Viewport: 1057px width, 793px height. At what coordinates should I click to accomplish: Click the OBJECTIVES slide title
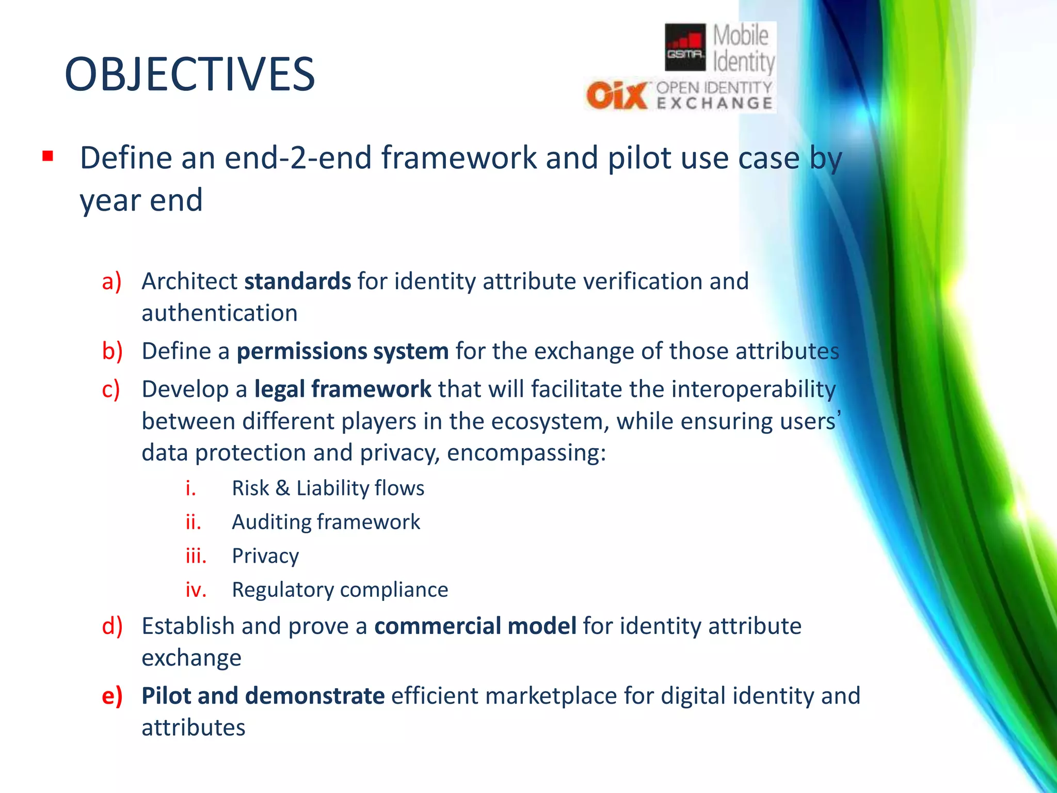point(189,74)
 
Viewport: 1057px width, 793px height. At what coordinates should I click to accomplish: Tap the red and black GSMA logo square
point(685,47)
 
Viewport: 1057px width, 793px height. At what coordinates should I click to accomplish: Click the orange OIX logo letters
point(617,96)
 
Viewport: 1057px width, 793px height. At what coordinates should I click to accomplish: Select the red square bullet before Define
point(48,156)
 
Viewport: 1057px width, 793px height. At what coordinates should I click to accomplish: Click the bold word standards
point(297,281)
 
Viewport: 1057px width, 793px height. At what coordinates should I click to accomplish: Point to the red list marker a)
point(111,281)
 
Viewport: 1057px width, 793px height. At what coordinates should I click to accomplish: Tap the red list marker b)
point(112,351)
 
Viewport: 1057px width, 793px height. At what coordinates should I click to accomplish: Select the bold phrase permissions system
point(343,352)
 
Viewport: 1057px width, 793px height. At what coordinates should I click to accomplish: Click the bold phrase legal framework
point(343,389)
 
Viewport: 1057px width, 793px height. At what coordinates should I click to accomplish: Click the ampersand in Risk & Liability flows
point(282,488)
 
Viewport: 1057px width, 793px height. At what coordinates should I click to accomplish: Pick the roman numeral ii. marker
point(193,522)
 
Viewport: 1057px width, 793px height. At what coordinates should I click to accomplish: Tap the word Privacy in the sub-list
point(265,556)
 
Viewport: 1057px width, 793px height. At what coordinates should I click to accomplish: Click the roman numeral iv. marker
point(196,590)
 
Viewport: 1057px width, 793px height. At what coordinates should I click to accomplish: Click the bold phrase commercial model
point(475,626)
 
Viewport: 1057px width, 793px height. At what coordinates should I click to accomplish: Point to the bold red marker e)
point(112,695)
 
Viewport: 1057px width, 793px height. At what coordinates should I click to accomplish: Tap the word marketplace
point(551,696)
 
